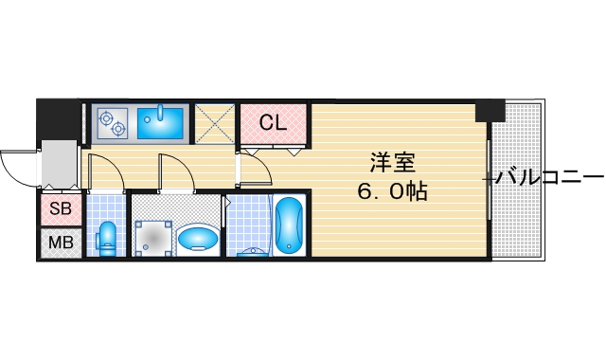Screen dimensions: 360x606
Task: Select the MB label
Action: pyautogui.click(x=60, y=243)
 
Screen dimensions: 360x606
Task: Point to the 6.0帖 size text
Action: pyautogui.click(x=393, y=190)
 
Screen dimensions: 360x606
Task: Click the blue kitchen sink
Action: pyautogui.click(x=162, y=121)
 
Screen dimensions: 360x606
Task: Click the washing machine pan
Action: pyautogui.click(x=151, y=237)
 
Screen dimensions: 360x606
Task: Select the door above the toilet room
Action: pyautogui.click(x=105, y=171)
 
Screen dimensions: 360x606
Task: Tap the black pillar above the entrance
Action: pyautogui.click(x=57, y=119)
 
